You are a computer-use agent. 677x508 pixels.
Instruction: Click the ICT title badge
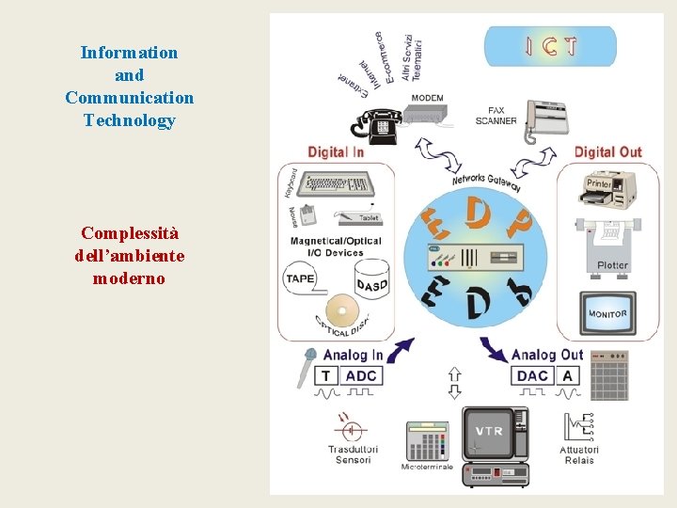click(550, 46)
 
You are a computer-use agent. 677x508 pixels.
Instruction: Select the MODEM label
click(427, 98)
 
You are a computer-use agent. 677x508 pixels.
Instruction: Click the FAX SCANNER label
click(496, 116)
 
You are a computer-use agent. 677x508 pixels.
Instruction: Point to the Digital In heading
click(336, 151)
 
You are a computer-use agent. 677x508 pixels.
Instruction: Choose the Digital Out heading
click(607, 151)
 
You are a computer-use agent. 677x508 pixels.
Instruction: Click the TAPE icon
click(300, 278)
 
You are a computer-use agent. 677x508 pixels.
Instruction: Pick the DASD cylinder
click(371, 282)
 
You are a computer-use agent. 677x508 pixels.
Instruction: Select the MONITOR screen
click(607, 313)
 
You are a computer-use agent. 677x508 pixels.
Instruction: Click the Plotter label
click(612, 265)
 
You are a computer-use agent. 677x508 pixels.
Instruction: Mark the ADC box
click(360, 375)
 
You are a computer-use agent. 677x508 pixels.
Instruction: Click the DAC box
click(532, 375)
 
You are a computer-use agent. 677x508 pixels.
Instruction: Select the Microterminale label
click(427, 467)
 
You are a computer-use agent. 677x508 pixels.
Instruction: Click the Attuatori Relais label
click(579, 454)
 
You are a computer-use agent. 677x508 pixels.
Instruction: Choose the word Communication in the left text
click(130, 98)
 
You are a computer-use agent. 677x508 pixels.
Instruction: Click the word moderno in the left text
click(130, 278)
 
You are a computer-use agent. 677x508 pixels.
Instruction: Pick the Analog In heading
click(353, 355)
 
